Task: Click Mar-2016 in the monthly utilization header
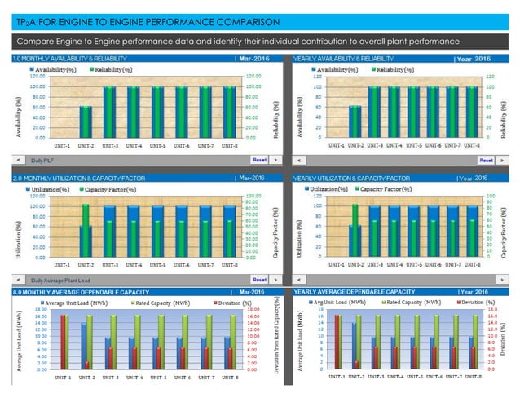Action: [x=253, y=177]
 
